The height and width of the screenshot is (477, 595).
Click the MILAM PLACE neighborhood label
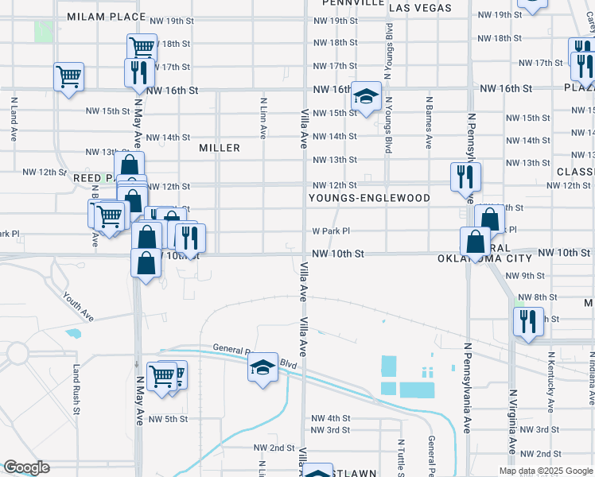tap(107, 17)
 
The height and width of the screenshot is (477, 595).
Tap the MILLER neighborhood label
tap(220, 148)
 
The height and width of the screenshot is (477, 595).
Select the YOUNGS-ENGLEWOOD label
tap(370, 198)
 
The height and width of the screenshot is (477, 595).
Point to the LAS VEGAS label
tap(420, 8)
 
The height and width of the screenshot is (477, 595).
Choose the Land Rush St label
tap(77, 390)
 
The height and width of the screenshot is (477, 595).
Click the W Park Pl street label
tap(331, 231)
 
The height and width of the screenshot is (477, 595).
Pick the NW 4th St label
tap(331, 418)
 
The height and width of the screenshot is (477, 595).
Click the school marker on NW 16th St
tap(366, 96)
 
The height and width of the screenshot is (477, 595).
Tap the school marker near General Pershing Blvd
tap(262, 367)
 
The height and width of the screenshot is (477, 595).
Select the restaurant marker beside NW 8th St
tap(528, 322)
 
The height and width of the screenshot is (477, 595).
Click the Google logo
tap(25, 467)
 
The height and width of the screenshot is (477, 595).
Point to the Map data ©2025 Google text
tap(545, 471)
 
